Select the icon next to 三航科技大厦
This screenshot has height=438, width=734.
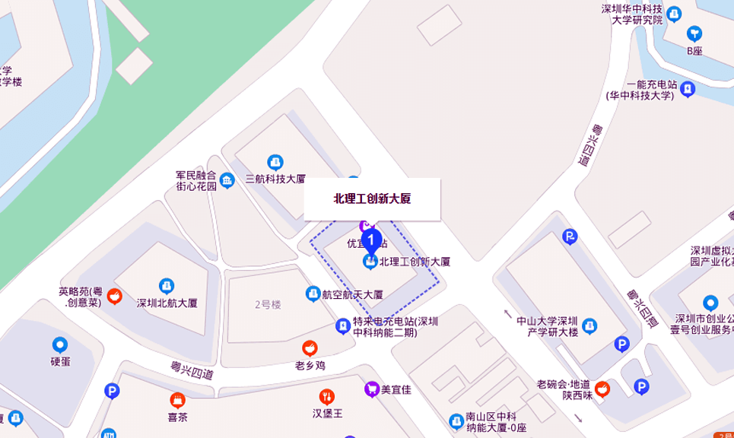[x=275, y=163]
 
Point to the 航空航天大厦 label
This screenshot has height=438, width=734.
[x=351, y=294]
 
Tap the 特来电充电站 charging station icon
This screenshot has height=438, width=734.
[x=343, y=326]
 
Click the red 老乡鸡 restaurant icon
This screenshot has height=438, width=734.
[x=310, y=348]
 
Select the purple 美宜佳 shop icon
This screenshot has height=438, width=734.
[x=371, y=389]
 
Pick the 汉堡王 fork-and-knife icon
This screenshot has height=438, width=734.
[x=328, y=396]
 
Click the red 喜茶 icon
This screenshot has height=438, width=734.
[x=177, y=400]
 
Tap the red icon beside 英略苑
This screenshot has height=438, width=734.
[x=114, y=296]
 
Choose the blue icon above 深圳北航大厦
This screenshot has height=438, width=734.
[x=167, y=286]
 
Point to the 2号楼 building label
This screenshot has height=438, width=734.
[x=268, y=304]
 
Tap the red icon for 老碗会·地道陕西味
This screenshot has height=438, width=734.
[x=602, y=389]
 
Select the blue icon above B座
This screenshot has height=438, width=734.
[x=694, y=33]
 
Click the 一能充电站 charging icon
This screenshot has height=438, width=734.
[x=688, y=89]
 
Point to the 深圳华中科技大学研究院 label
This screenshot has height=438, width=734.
[x=631, y=14]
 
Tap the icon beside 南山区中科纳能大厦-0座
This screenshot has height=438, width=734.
[x=455, y=421]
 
